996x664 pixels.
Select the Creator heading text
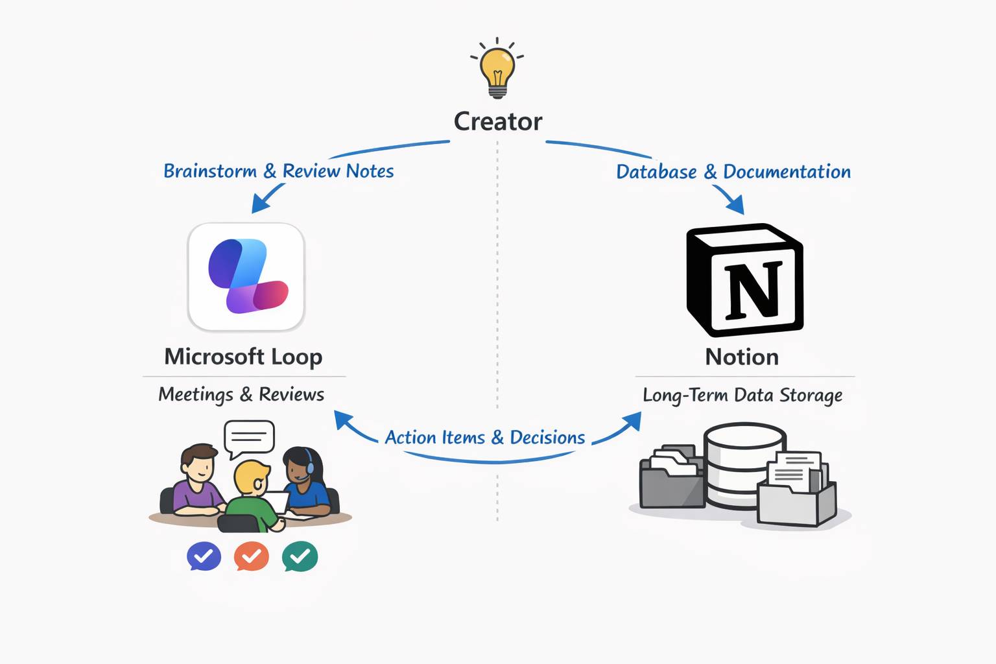(497, 121)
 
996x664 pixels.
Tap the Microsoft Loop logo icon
(246, 277)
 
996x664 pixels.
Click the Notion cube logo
(744, 280)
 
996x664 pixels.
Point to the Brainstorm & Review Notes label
(278, 171)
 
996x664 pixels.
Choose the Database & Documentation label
(733, 172)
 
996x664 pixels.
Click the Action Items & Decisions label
(484, 438)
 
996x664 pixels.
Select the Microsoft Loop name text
(243, 357)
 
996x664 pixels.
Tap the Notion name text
(742, 357)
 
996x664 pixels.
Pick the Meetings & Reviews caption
(241, 394)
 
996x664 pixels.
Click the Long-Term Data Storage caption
(742, 395)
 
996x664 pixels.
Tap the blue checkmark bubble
(204, 556)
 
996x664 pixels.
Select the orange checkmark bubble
(252, 556)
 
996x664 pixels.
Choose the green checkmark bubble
(300, 556)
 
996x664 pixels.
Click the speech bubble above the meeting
(249, 437)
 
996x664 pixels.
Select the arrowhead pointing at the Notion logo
(736, 206)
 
